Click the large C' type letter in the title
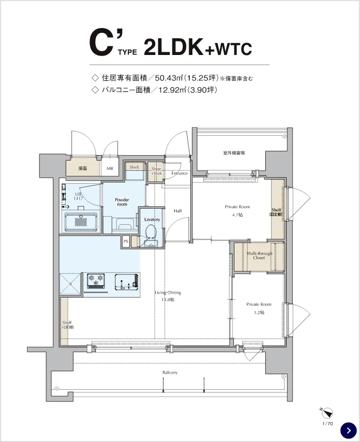tap(103, 43)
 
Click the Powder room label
tap(122, 202)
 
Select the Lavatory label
tap(152, 219)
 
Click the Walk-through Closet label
tap(259, 255)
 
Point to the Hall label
tap(177, 211)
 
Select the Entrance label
tap(179, 173)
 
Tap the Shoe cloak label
tap(156, 170)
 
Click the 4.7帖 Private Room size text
tap(237, 215)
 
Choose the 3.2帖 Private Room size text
tap(259, 312)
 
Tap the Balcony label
tap(170, 372)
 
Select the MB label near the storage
tap(110, 168)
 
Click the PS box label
tap(126, 241)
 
